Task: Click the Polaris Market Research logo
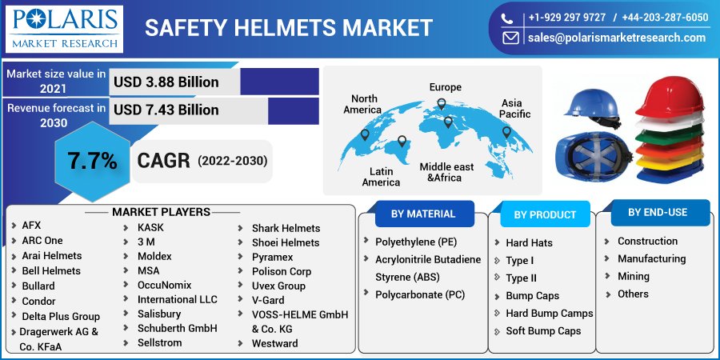pyautogui.click(x=64, y=29)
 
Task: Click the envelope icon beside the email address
pyautogui.click(x=510, y=38)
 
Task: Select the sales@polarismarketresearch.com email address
pyautogui.click(x=617, y=38)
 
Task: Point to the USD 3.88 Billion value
pyautogui.click(x=166, y=82)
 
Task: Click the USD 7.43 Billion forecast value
pyautogui.click(x=166, y=110)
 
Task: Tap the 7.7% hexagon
pyautogui.click(x=92, y=161)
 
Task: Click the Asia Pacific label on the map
pyautogui.click(x=511, y=109)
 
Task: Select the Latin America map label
pyautogui.click(x=381, y=177)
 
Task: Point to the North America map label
pyautogui.click(x=362, y=104)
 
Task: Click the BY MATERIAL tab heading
pyautogui.click(x=423, y=214)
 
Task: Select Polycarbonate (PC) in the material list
pyautogui.click(x=420, y=294)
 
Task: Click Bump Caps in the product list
pyautogui.click(x=532, y=296)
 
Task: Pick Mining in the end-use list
pyautogui.click(x=633, y=276)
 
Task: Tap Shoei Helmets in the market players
pyautogui.click(x=285, y=242)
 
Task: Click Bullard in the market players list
pyautogui.click(x=38, y=286)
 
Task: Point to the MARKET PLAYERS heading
pyautogui.click(x=161, y=212)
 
